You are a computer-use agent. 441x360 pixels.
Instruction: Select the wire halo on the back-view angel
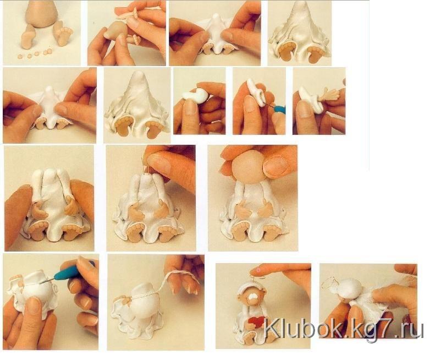tap(329, 282)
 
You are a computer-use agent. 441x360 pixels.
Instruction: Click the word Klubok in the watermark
tap(303, 330)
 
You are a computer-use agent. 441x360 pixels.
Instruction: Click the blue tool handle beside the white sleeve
tap(279, 110)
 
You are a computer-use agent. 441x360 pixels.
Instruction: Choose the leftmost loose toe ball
tap(20, 57)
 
